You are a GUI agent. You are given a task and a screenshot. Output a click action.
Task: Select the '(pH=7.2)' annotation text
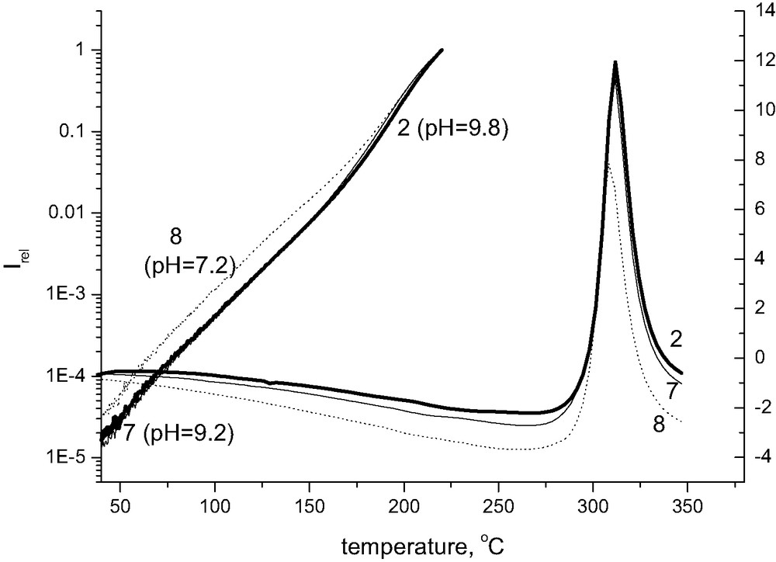(190, 266)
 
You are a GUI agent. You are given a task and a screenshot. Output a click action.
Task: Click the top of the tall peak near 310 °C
(615, 63)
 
